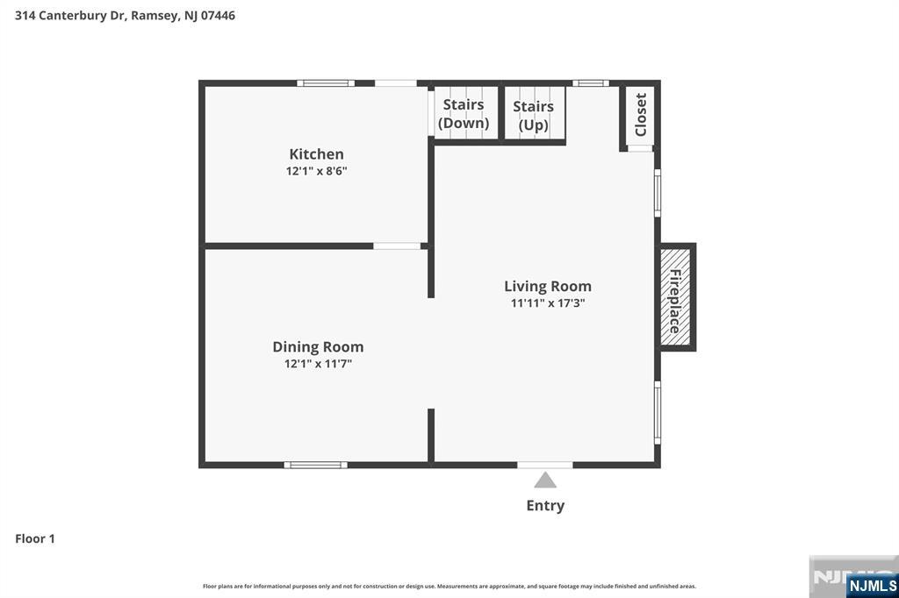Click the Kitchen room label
316,154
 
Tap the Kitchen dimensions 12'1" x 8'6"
316,171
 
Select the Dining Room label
317,347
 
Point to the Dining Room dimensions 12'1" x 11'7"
317,364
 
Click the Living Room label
547,286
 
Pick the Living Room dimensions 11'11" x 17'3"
547,303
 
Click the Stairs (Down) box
464,113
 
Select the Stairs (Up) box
533,115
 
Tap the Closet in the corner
640,114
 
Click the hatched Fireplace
675,298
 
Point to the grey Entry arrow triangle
545,480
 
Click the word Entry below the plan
545,505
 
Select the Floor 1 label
35,538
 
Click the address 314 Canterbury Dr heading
125,15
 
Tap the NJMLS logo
872,585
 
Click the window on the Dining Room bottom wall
315,465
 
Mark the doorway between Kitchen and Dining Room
397,246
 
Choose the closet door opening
640,148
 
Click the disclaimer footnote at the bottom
449,586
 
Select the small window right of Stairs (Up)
590,83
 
